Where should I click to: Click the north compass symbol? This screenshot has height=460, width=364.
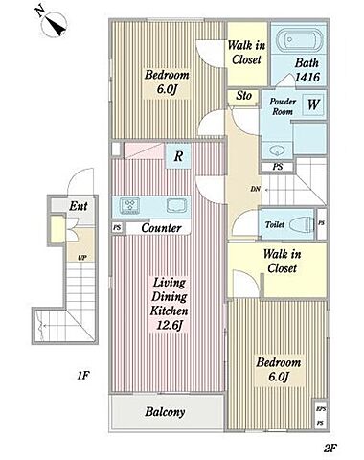pos(52,23)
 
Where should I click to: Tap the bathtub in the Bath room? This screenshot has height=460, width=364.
pos(299,40)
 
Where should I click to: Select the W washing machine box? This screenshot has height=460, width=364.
pos(313,104)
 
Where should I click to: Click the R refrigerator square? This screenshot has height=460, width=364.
pos(178,156)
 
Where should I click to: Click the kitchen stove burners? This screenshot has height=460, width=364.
pos(129,205)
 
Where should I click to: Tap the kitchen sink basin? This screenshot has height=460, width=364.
pos(176,205)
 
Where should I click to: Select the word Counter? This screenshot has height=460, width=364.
pos(161,228)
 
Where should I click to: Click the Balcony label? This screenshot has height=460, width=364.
pos(165,412)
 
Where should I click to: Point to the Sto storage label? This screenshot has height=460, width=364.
pos(243,96)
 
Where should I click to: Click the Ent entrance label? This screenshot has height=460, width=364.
pos(79,206)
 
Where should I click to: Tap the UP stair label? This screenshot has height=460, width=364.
pos(82,258)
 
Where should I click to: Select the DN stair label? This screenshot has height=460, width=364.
pos(256,189)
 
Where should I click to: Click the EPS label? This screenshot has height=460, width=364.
pos(321,409)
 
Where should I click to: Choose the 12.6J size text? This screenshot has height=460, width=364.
pos(170,325)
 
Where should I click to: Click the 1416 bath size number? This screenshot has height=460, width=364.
pos(307,77)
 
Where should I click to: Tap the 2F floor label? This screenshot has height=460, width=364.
pos(330,448)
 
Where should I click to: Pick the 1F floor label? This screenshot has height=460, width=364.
pos(82,375)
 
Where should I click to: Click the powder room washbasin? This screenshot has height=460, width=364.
pos(276,149)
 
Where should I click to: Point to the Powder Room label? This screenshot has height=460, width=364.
pos(283,106)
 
